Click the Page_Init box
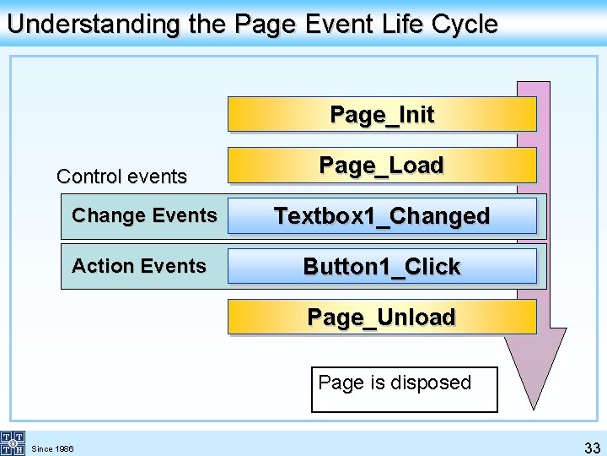(382, 114)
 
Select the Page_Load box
(382, 165)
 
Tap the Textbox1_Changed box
(382, 216)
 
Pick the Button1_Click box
(382, 267)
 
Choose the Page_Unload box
(382, 318)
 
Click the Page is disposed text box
(404, 389)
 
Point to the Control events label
(121, 176)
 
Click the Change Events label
(144, 215)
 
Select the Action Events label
(139, 266)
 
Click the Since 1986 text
(52, 448)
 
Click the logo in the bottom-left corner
(12, 442)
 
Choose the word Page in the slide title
(262, 24)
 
